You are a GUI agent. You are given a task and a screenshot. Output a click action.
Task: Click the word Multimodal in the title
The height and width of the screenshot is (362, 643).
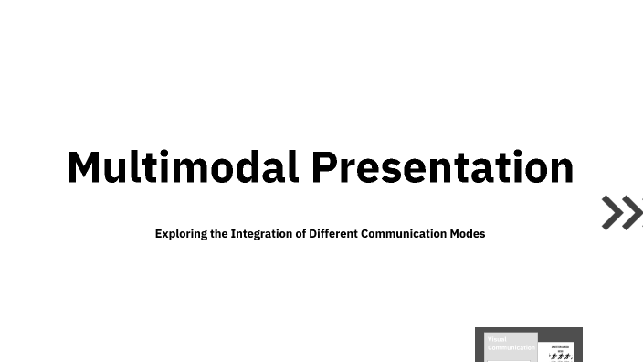pyautogui.click(x=183, y=167)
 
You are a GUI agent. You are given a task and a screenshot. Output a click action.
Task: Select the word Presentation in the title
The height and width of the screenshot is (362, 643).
pyautogui.click(x=442, y=167)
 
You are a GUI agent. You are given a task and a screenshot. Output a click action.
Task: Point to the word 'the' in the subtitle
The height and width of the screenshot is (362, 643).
pyautogui.click(x=218, y=233)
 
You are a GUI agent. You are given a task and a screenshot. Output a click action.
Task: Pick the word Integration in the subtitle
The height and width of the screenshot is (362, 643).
pyautogui.click(x=262, y=233)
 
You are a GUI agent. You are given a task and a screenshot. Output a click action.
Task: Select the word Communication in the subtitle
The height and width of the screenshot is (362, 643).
pyautogui.click(x=404, y=233)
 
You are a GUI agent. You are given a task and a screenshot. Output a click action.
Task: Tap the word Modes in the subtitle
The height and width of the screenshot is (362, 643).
pyautogui.click(x=468, y=233)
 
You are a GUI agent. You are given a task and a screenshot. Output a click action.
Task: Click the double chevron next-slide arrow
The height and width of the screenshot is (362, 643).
pyautogui.click(x=621, y=212)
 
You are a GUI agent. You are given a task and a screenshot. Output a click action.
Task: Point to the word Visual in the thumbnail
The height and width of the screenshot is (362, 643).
pyautogui.click(x=497, y=340)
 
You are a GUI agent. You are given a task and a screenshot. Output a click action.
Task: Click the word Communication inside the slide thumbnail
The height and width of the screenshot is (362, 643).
pyautogui.click(x=511, y=348)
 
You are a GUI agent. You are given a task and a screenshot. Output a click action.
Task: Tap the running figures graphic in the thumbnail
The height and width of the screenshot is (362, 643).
pyautogui.click(x=560, y=355)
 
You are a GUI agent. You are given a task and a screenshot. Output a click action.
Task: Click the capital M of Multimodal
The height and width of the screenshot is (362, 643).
pyautogui.click(x=84, y=167)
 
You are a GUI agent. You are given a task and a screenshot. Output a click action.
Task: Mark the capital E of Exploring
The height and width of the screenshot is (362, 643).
pyautogui.click(x=159, y=233)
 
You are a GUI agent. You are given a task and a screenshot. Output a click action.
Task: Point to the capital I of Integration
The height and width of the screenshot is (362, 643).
pyautogui.click(x=233, y=233)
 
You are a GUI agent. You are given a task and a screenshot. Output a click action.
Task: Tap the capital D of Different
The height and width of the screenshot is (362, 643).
pyautogui.click(x=312, y=233)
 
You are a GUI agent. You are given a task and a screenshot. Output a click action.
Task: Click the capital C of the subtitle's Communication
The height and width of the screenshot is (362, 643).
pyautogui.click(x=365, y=233)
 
